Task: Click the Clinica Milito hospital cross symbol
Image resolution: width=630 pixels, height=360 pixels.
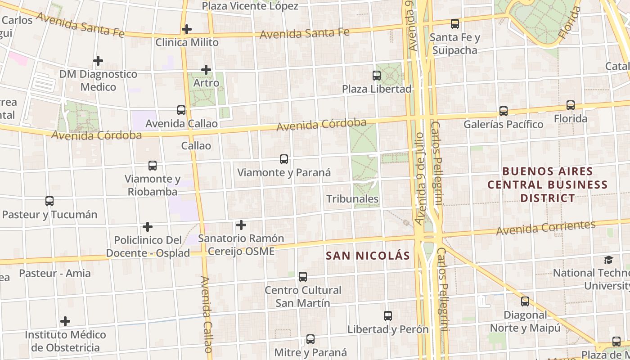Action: (186, 29)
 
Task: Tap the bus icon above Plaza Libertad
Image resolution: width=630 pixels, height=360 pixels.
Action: (377, 76)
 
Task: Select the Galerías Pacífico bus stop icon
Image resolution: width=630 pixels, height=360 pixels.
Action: (503, 111)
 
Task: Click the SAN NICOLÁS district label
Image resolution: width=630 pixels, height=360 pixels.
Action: (368, 256)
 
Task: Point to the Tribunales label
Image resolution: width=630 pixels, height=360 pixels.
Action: (352, 199)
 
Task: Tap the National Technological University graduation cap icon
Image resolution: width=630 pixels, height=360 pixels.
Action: (608, 260)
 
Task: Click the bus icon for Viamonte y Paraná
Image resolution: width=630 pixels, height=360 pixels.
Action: (283, 159)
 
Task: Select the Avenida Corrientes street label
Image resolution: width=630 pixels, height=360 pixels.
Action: (546, 228)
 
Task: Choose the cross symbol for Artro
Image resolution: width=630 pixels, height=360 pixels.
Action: (206, 70)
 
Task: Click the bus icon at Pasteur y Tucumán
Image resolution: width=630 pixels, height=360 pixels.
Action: (49, 201)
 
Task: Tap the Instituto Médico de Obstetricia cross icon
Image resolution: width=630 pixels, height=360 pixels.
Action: (65, 321)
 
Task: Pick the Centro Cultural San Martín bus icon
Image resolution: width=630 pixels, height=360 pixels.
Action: (302, 276)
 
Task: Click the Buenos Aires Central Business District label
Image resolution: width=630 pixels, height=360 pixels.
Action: (548, 184)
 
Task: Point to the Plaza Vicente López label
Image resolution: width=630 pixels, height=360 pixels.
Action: (250, 6)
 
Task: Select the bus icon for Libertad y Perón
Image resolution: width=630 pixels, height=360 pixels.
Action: (387, 316)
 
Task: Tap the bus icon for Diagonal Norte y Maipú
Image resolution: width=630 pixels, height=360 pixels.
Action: (525, 301)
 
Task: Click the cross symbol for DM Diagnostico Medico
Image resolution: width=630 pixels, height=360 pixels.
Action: (98, 61)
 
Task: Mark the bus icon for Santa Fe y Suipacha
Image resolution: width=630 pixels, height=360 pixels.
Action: (454, 24)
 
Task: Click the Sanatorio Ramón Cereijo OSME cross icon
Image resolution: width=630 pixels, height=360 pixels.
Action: (241, 225)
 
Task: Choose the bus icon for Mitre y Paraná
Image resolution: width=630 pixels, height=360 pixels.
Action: (310, 339)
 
